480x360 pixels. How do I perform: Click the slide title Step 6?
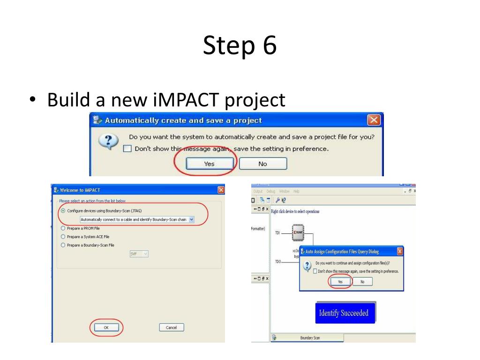(x=240, y=45)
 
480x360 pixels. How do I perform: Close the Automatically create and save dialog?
(x=374, y=120)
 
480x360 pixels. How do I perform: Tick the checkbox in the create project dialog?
(x=127, y=149)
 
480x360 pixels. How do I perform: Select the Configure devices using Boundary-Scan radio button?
(x=63, y=211)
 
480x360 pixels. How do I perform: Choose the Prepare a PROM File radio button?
(x=63, y=228)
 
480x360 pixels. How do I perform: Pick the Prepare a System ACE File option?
(x=63, y=237)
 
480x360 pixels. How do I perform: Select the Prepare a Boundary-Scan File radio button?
(x=63, y=245)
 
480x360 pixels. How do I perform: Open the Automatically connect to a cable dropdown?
(x=191, y=219)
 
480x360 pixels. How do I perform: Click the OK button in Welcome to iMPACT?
(x=106, y=328)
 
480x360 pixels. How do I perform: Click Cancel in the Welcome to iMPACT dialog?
(x=172, y=328)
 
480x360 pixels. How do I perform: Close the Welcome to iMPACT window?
(x=221, y=190)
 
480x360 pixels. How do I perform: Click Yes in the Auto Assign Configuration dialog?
(x=340, y=282)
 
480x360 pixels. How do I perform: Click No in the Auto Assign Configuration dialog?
(x=362, y=282)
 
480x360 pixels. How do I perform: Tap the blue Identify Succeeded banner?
(x=344, y=313)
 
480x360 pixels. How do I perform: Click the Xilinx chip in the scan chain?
(x=298, y=232)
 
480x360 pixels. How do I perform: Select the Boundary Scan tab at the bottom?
(x=310, y=337)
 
